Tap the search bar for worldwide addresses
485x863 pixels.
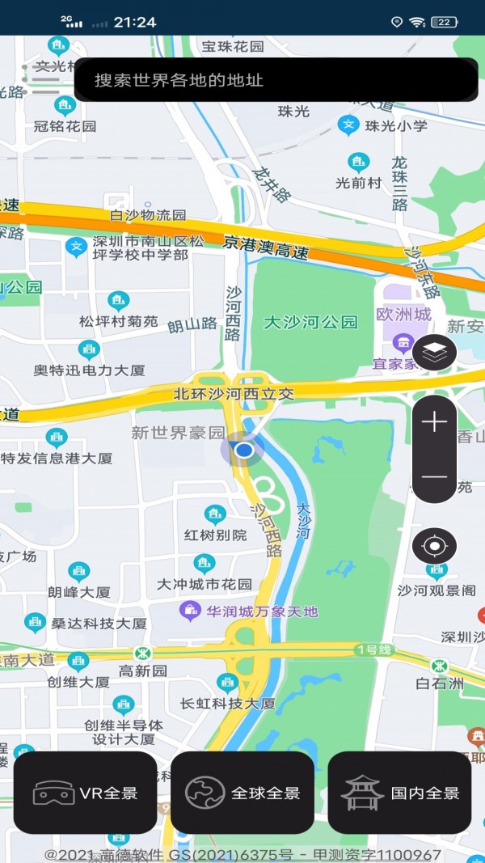[275, 80]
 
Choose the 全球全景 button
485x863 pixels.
[242, 793]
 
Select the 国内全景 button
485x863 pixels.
[399, 793]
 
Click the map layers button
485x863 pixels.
[435, 353]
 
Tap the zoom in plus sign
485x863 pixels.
[435, 421]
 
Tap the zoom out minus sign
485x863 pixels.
[435, 476]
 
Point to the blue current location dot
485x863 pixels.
[243, 450]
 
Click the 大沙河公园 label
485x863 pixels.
[311, 323]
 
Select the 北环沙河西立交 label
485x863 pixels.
[234, 395]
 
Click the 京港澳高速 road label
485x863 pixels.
[266, 247]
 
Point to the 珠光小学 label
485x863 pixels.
[396, 126]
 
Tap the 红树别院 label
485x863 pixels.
[215, 535]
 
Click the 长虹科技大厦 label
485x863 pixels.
[228, 704]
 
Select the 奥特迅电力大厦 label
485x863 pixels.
[89, 370]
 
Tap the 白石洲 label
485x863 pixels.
[440, 683]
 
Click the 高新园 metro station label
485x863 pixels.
[143, 671]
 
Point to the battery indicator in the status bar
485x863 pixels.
[444, 22]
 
